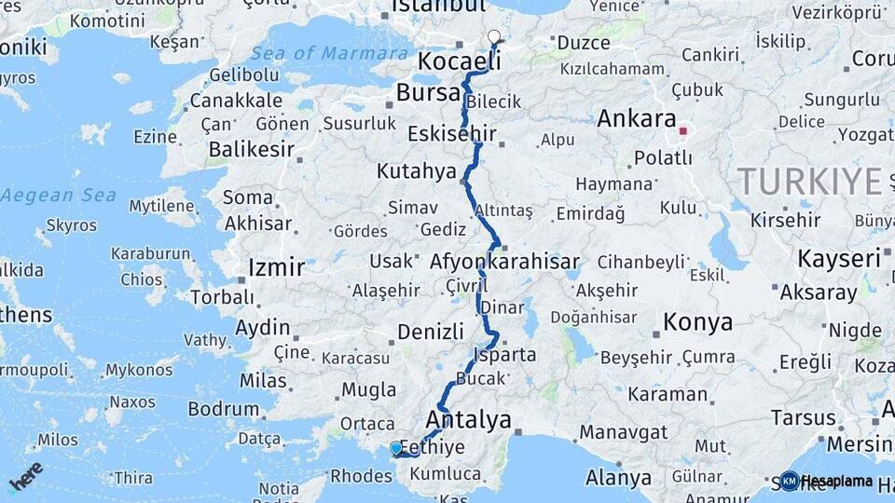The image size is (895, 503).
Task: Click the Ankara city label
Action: [x=637, y=119]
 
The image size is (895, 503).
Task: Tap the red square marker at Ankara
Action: [x=682, y=131]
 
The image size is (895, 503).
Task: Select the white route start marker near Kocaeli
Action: [x=494, y=37]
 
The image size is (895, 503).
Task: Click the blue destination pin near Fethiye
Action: [x=396, y=448]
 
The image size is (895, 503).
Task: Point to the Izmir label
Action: [x=276, y=268]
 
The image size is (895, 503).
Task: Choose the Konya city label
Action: [x=697, y=323]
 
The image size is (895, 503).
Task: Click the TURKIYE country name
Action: [x=808, y=180]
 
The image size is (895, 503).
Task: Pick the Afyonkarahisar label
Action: [x=504, y=262]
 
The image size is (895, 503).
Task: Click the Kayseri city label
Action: [x=839, y=258]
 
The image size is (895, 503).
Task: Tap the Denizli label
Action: [x=430, y=332]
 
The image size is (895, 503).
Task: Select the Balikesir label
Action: [x=252, y=149]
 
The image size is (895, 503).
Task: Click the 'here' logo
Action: [x=26, y=475]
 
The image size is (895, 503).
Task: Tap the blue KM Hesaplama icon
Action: [x=790, y=481]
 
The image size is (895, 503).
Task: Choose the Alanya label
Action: [x=618, y=479]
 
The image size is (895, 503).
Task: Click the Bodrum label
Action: [x=223, y=409]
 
